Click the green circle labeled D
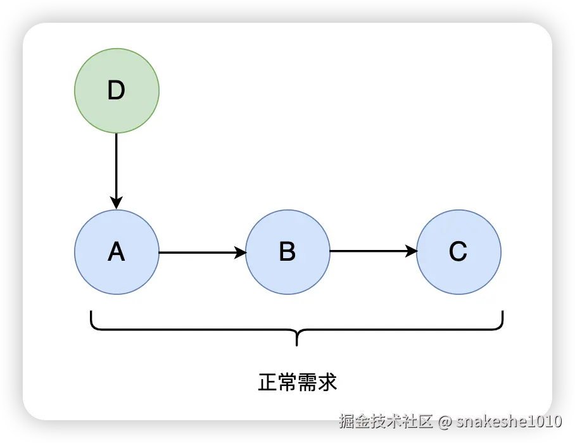click(x=117, y=90)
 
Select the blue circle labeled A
click(x=117, y=252)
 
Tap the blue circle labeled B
click(x=287, y=252)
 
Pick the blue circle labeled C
click(x=458, y=252)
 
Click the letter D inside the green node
click(x=117, y=91)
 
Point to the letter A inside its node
click(x=117, y=253)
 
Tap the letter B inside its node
click(x=287, y=253)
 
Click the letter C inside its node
click(x=458, y=253)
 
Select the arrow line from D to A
click(x=117, y=165)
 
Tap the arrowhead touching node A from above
click(x=117, y=203)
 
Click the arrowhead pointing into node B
click(x=240, y=253)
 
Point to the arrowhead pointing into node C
click(x=411, y=252)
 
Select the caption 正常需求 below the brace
click(x=297, y=383)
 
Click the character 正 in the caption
click(x=267, y=383)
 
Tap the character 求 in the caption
click(x=327, y=383)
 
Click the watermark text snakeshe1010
click(x=509, y=421)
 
